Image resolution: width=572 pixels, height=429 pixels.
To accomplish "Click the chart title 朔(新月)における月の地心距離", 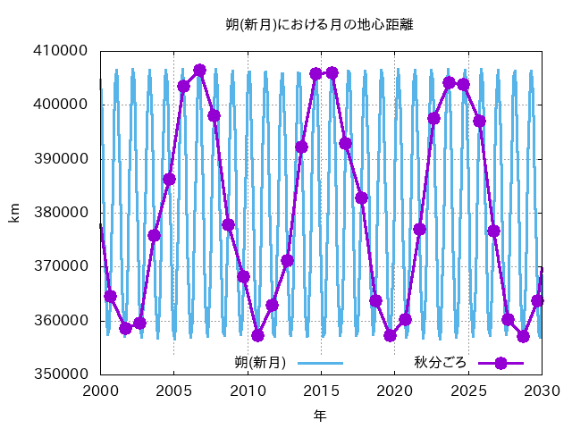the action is point(319,25).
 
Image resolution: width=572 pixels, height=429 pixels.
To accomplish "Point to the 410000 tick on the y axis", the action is point(61,50).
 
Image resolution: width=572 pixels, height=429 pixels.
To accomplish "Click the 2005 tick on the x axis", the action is point(173,391).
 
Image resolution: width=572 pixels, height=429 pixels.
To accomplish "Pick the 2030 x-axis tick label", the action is point(543,391).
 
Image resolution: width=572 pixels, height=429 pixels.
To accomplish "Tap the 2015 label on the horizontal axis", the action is point(321,391).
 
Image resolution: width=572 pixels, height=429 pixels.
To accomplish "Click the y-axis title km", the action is point(14,213).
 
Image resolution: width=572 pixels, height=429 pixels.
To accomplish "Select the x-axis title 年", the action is point(320,415).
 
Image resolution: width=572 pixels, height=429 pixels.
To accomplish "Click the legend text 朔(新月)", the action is point(260,363).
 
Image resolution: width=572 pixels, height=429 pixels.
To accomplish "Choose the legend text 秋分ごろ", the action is point(441,363).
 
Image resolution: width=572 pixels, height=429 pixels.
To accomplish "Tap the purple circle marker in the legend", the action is point(500,363).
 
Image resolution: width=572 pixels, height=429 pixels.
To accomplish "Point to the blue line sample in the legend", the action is point(320,363).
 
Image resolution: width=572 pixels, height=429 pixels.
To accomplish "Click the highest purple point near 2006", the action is point(199,70).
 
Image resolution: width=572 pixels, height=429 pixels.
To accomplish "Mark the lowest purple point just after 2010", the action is point(258,335).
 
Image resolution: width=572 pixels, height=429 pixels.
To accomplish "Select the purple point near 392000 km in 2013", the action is point(301,147).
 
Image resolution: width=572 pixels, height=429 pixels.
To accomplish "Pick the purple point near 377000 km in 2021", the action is point(419,229).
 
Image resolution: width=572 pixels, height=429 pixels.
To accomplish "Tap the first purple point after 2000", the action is point(110,297).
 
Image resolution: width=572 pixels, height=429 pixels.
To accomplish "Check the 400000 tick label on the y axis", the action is point(61,105).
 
